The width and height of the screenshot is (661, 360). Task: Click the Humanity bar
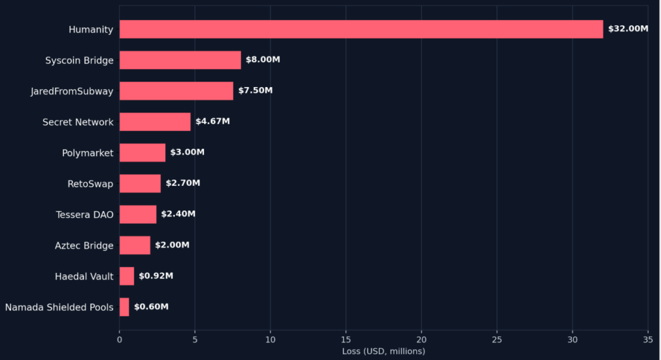coord(361,29)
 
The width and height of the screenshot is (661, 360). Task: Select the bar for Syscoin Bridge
coord(181,60)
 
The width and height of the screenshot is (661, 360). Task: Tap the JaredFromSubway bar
coord(176,91)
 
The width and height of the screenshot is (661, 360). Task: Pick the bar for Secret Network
coord(155,122)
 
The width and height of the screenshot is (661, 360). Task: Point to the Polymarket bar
coord(143,153)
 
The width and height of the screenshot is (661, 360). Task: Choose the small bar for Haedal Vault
coord(127,276)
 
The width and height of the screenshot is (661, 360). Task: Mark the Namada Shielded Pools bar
coord(125,307)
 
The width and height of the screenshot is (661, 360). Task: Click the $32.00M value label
coord(628,28)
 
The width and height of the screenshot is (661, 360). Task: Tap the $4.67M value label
coord(212,121)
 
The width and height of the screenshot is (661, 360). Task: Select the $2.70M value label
coord(183,183)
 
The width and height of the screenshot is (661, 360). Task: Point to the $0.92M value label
coord(156,275)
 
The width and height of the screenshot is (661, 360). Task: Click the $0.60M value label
coord(151,306)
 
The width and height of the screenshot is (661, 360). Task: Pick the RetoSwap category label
coord(90,185)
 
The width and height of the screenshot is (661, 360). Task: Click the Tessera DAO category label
coord(85,215)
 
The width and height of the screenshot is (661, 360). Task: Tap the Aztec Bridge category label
coord(85,246)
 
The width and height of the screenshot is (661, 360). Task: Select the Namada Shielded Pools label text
coord(59,307)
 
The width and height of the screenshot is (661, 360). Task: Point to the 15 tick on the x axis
coord(346,340)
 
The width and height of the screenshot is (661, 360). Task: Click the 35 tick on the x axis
coord(648,340)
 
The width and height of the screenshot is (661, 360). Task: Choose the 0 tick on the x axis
coord(119,340)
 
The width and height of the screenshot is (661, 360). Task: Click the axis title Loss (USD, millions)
coord(383,351)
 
